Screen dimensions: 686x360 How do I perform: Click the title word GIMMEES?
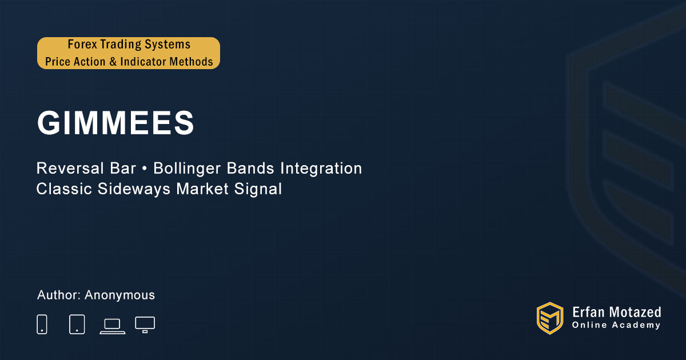pos(115,122)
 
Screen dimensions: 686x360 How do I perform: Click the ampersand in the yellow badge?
pos(113,62)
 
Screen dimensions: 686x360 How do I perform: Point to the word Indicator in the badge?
pos(143,62)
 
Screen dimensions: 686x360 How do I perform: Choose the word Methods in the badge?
pos(192,62)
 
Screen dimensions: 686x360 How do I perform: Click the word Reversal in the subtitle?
pos(70,169)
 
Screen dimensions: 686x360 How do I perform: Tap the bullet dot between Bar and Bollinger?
pos(145,169)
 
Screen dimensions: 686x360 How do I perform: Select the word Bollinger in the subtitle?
pos(187,169)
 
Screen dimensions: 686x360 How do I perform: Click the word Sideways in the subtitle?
pos(134,189)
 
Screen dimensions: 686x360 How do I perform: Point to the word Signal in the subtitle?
pos(258,189)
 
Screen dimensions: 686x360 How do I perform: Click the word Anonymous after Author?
pos(119,295)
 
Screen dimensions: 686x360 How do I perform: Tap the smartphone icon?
pos(42,324)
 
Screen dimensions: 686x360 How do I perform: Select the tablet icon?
pos(77,324)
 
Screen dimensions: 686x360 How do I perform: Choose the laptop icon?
pos(113,326)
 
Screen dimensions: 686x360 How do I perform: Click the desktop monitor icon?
pos(145,325)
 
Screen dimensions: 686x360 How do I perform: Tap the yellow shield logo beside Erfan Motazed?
pos(550,318)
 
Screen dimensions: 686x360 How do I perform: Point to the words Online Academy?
pos(616,325)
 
